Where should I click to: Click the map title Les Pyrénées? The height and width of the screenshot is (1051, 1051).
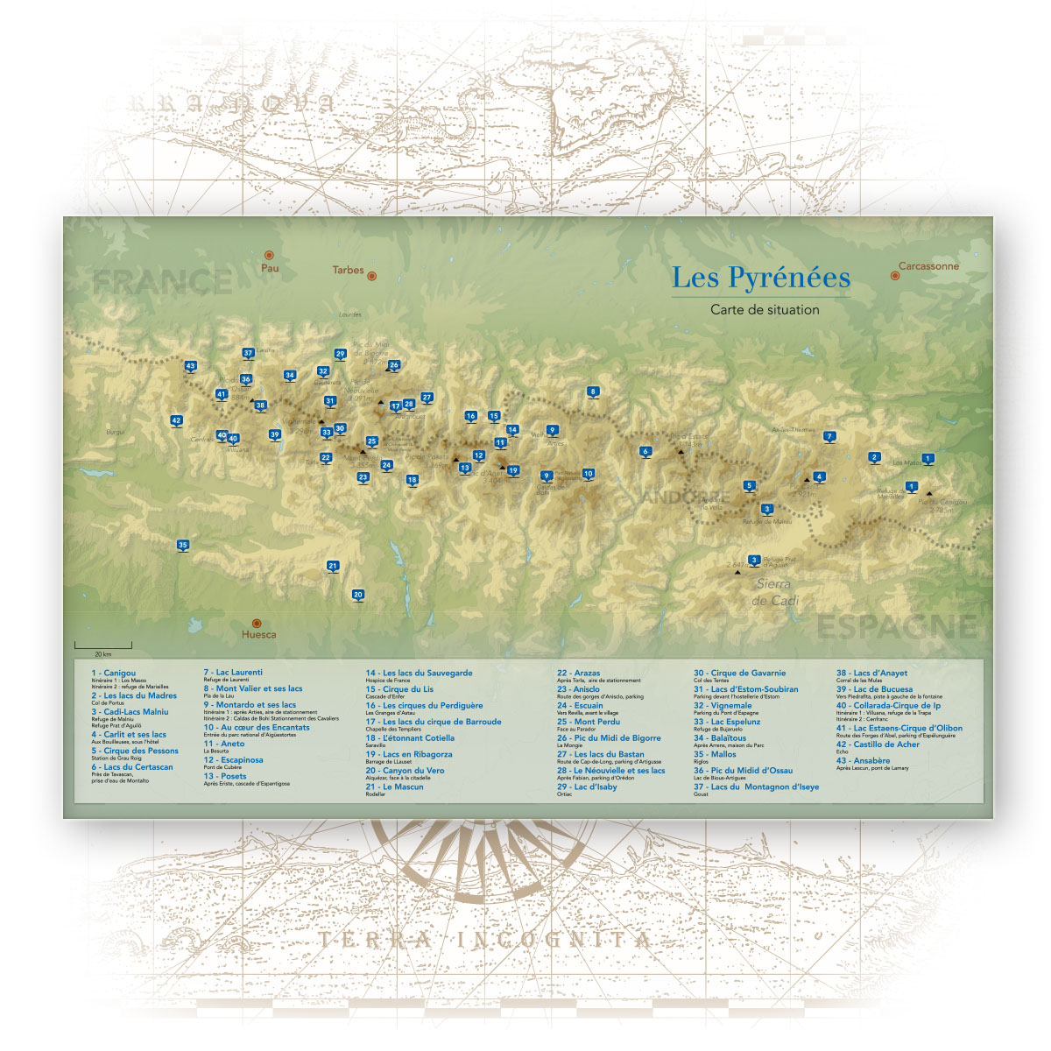tap(760, 278)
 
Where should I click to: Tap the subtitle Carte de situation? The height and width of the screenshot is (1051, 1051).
tap(765, 309)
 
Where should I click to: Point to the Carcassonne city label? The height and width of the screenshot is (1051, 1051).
tap(928, 266)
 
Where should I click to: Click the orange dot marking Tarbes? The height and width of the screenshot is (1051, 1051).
tap(371, 276)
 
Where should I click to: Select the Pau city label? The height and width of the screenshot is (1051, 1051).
tap(270, 268)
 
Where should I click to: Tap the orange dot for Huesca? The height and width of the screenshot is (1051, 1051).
tap(257, 624)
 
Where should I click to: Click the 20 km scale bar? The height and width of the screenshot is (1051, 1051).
tap(102, 646)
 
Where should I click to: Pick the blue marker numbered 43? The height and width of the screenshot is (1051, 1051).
tap(190, 366)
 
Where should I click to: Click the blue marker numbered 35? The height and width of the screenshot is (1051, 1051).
tap(182, 545)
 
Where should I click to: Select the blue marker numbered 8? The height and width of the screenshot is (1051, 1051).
tap(593, 391)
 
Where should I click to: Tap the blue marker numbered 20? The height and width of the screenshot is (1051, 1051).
tap(357, 595)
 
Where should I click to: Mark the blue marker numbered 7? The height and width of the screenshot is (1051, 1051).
tap(829, 436)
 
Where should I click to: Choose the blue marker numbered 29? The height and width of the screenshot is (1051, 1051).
tap(340, 354)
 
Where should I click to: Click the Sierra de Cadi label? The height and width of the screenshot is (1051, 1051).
tap(773, 592)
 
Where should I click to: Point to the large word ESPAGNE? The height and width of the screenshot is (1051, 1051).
tap(896, 627)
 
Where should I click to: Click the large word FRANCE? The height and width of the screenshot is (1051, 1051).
tap(163, 282)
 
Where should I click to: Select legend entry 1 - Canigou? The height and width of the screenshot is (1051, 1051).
tap(114, 673)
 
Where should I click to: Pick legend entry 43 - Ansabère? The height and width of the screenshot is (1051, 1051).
tap(863, 760)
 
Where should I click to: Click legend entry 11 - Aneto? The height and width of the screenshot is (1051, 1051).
tap(224, 744)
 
